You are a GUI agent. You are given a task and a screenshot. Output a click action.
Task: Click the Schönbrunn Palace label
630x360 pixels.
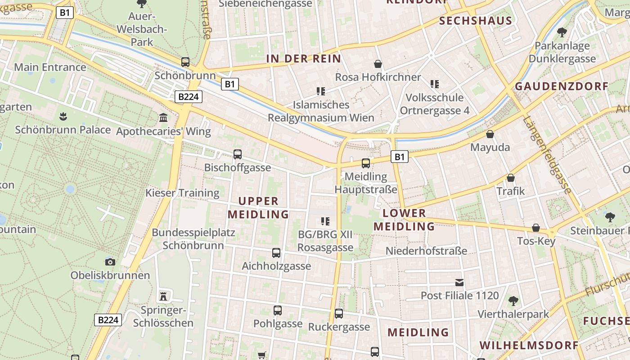[63, 130]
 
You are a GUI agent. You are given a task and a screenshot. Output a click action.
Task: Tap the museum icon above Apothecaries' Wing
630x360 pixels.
[163, 118]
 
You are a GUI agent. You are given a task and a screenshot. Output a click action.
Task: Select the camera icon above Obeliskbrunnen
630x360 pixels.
[110, 262]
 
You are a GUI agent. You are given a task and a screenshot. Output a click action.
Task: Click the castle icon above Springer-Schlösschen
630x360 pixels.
[163, 296]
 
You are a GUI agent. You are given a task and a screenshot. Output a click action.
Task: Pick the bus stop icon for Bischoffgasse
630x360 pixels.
[238, 154]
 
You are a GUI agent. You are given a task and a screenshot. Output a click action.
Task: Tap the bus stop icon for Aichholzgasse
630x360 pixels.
[276, 253]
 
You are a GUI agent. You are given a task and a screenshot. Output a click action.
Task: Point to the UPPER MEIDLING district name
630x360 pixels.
[258, 207]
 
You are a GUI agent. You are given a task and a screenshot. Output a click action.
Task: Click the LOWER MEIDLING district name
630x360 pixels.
[404, 220]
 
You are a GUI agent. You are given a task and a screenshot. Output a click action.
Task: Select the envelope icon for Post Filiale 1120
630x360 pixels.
[459, 283]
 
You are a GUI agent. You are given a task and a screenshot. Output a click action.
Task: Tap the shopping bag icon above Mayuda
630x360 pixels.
[490, 134]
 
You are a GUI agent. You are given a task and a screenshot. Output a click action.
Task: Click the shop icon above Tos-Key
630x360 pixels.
[536, 228]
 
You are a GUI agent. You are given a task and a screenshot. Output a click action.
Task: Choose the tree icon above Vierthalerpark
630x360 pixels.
[513, 301]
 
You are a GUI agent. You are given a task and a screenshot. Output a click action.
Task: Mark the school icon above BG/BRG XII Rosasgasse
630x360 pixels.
[325, 221]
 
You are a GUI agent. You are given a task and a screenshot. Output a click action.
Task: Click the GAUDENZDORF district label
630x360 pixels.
[561, 86]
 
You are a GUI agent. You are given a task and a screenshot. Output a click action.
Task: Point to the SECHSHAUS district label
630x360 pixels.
[476, 21]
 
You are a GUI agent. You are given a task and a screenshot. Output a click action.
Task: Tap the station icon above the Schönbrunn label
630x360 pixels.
[185, 62]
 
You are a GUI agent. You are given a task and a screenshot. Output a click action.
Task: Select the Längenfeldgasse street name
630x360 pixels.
[547, 154]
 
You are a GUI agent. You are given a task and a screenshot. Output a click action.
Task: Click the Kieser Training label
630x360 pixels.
[182, 193]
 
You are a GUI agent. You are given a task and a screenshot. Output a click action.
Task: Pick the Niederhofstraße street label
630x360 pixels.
[426, 251]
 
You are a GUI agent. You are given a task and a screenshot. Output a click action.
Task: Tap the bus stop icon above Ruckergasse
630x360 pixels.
[339, 314]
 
